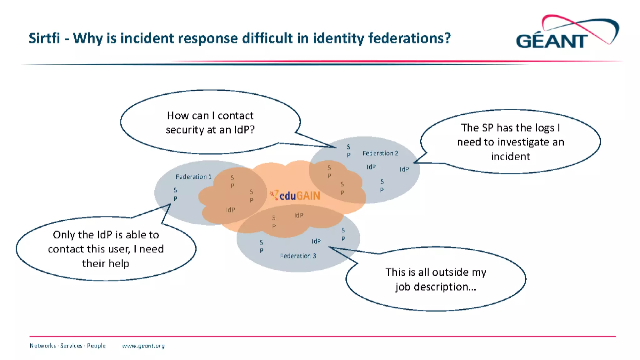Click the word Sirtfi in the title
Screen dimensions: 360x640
pyautogui.click(x=44, y=38)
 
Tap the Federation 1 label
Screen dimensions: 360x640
pyautogui.click(x=193, y=177)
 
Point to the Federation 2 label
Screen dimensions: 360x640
pyautogui.click(x=380, y=153)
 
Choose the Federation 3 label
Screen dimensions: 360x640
pyautogui.click(x=298, y=256)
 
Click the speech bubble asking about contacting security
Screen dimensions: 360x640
pyautogui.click(x=210, y=122)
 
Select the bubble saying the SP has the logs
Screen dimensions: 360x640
pyautogui.click(x=511, y=142)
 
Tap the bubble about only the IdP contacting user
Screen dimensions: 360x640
pyautogui.click(x=106, y=249)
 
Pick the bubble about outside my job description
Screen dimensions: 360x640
pyautogui.click(x=436, y=279)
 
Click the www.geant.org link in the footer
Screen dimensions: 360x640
pyautogui.click(x=143, y=346)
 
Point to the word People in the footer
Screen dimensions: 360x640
pyautogui.click(x=96, y=346)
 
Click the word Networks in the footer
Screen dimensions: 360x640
pyautogui.click(x=42, y=346)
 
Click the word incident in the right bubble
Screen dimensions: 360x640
pyautogui.click(x=511, y=156)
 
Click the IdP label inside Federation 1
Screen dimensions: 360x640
pyautogui.click(x=231, y=210)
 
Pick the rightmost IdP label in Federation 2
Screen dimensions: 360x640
pyautogui.click(x=404, y=169)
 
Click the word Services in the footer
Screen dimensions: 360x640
pyautogui.click(x=71, y=346)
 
